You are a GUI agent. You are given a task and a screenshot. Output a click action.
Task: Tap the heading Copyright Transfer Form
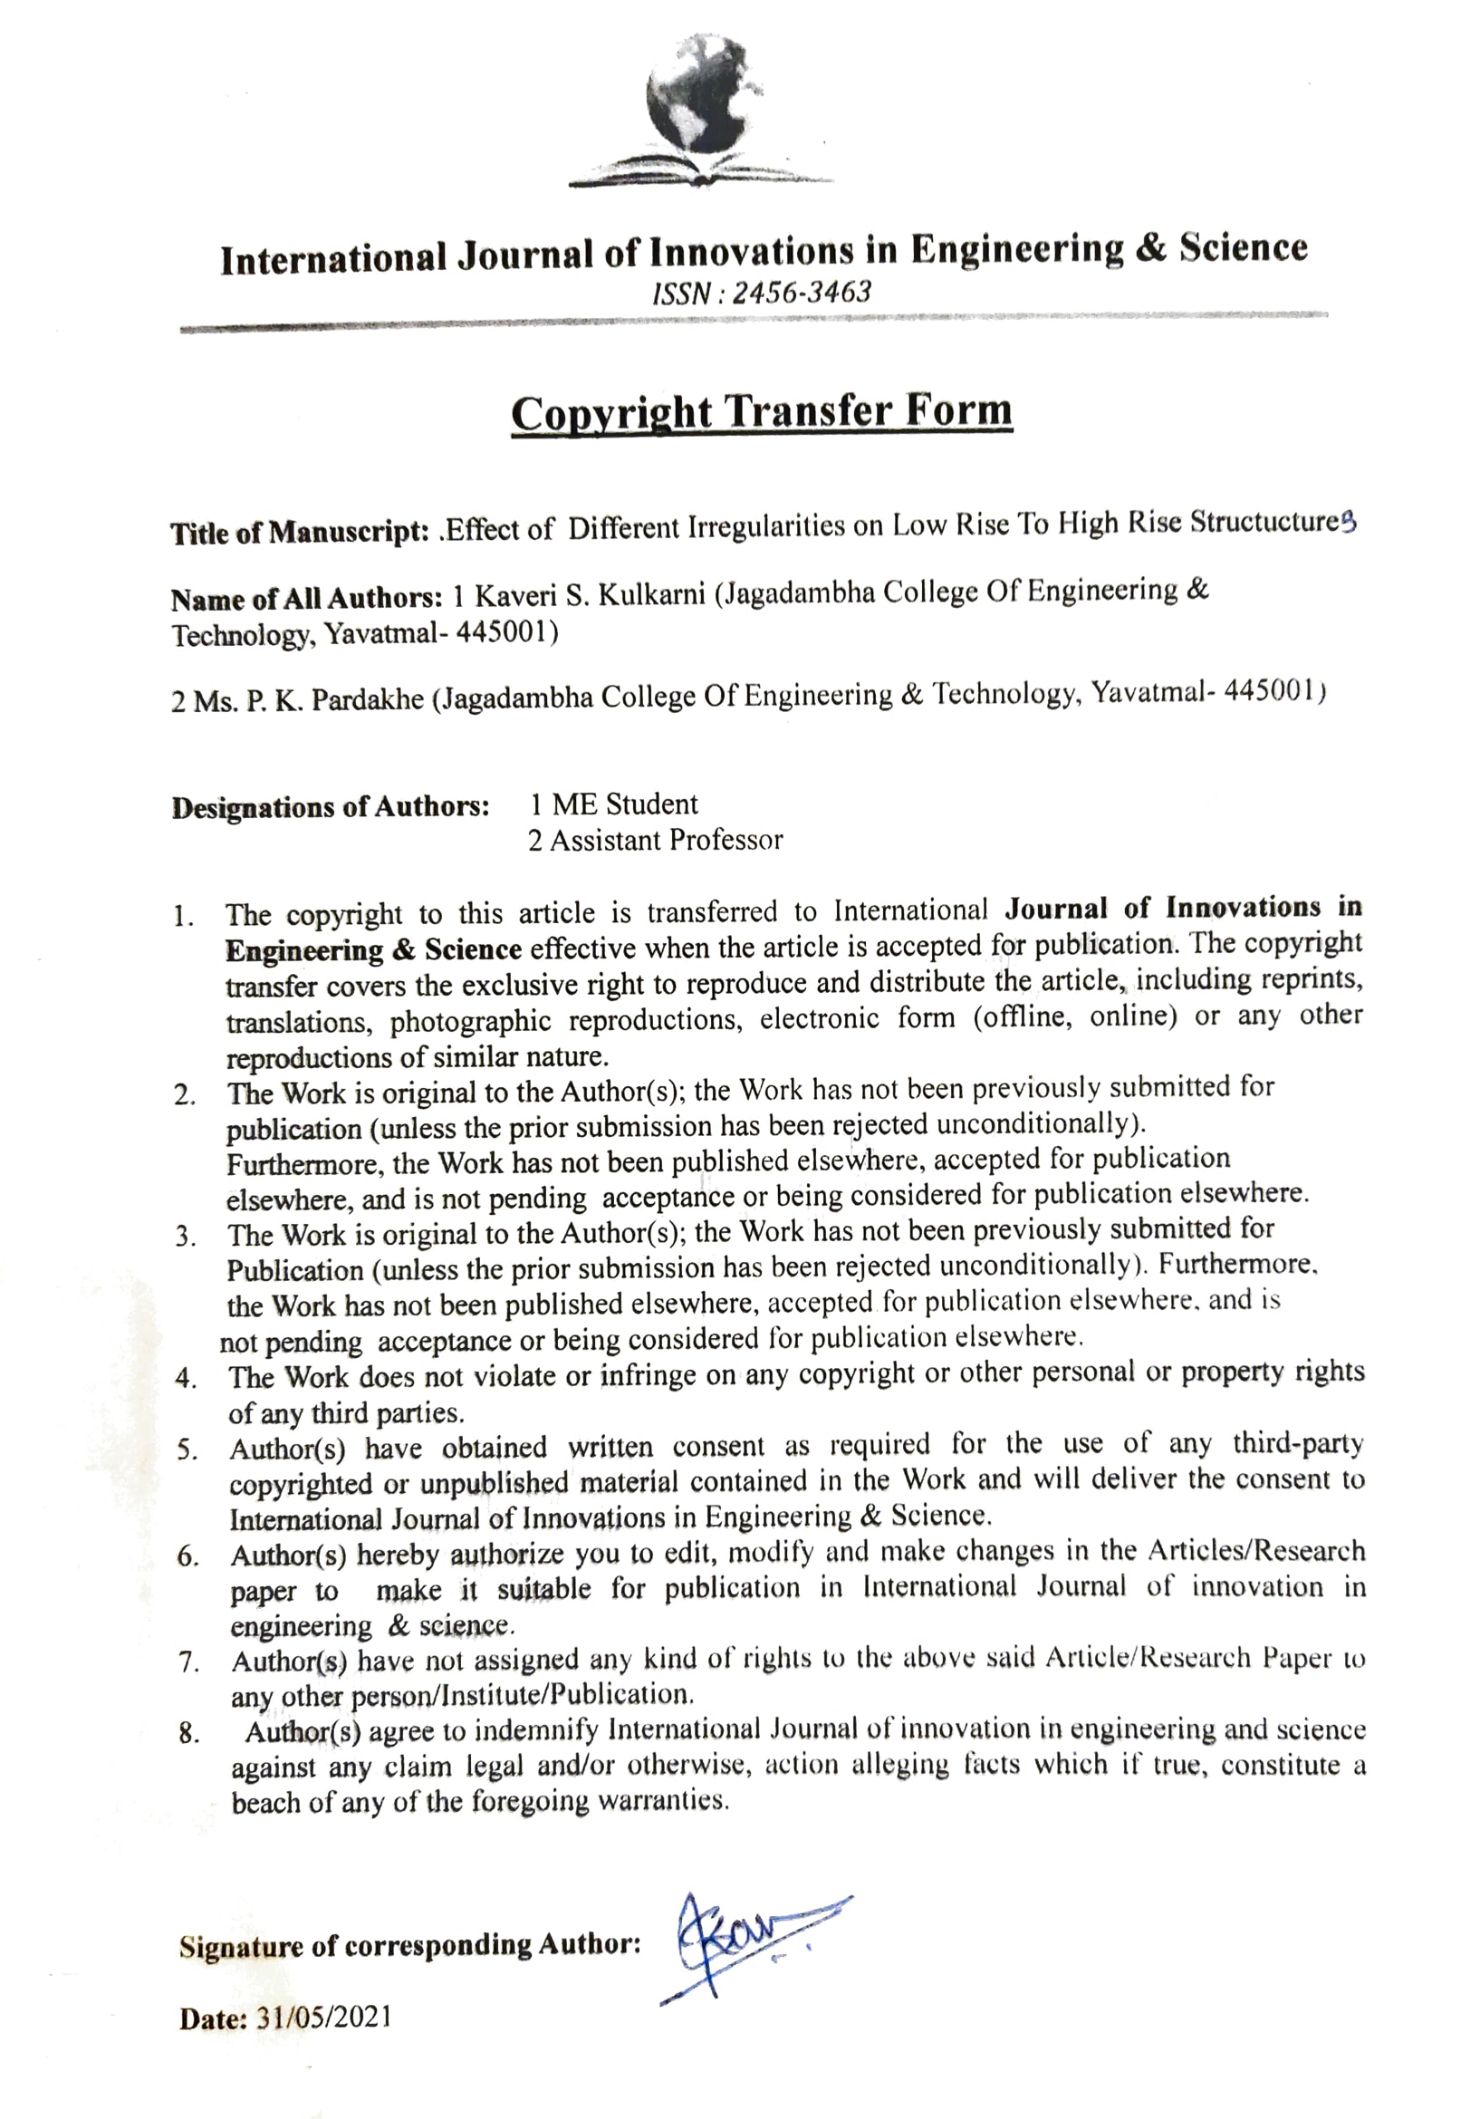coord(761,411)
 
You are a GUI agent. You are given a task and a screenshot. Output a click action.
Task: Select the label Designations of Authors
coord(330,807)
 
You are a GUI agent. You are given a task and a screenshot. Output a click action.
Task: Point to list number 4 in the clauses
coord(186,1378)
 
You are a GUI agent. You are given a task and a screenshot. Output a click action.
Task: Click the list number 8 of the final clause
coord(188,1733)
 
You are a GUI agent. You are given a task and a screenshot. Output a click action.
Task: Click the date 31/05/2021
coord(324,2018)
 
